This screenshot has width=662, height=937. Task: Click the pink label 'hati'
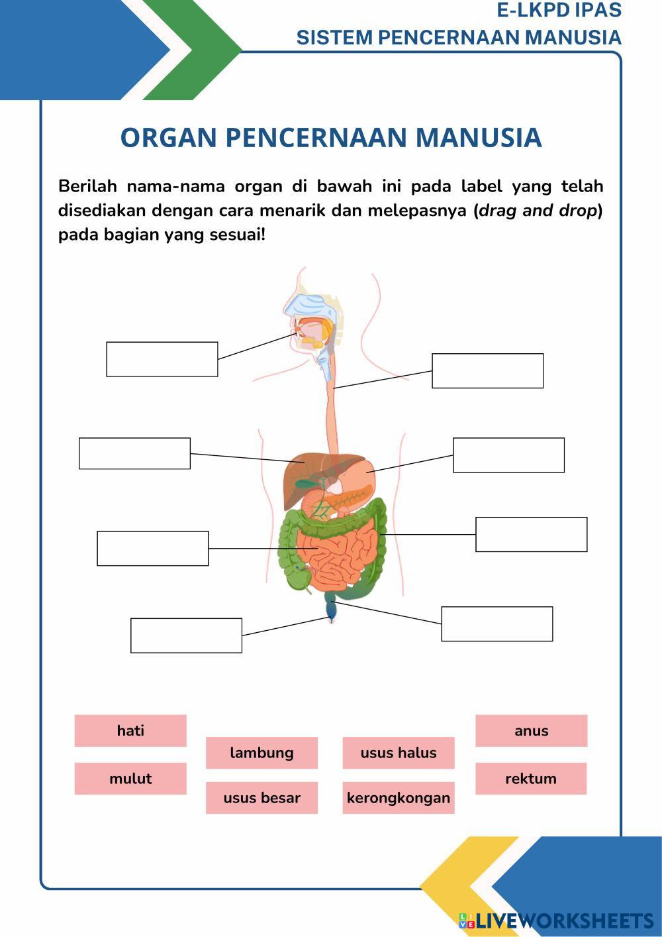130,730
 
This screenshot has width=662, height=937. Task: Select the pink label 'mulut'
130,778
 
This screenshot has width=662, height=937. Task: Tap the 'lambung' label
261,752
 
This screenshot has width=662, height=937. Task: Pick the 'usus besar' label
261,797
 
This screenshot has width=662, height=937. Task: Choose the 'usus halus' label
399,752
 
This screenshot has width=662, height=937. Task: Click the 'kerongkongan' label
399,797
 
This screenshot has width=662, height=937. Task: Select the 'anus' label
531,730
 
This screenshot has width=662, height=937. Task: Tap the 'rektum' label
531,778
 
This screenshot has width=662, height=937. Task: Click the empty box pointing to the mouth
162,359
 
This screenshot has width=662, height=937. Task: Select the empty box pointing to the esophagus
488,370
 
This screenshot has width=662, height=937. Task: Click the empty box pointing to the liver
134,453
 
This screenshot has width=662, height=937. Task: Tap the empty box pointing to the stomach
508,455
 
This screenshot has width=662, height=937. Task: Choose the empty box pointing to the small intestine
153,548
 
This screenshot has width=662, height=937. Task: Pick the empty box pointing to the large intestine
531,534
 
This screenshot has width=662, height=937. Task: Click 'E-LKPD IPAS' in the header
559,11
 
